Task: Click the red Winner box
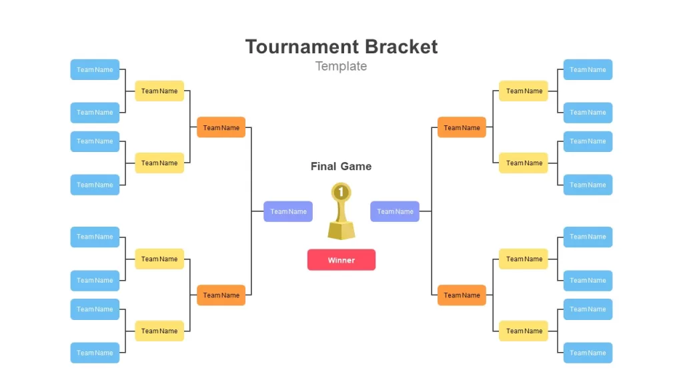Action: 341,260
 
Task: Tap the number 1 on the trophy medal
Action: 341,191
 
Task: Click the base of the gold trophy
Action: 341,230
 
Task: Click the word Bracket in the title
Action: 401,47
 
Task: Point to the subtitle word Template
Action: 341,66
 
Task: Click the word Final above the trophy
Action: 323,166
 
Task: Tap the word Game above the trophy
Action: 356,166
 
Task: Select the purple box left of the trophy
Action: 288,211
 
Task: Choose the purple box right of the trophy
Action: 395,211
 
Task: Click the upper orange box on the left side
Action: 221,127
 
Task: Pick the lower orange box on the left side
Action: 221,295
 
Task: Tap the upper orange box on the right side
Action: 462,127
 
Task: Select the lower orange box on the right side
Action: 462,295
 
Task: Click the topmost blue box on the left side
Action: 95,69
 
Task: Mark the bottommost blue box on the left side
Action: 95,353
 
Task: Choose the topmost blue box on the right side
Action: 588,69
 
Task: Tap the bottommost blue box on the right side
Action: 588,353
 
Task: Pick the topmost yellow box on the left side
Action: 159,91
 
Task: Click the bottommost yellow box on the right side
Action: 523,331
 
